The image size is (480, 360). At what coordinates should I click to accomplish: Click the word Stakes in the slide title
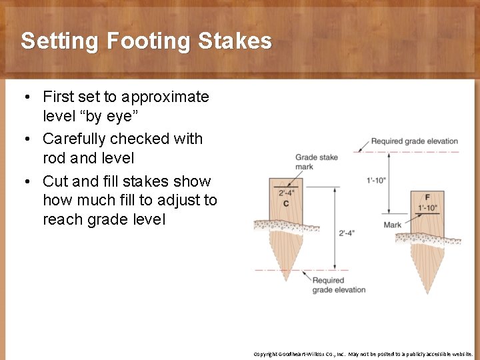tap(235, 41)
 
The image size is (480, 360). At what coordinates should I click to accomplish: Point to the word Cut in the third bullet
tap(55, 181)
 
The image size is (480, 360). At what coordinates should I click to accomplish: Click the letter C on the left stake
tap(286, 203)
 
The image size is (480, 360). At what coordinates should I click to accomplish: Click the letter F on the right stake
tap(427, 198)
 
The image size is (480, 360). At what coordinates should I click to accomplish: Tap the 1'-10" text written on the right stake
tap(428, 207)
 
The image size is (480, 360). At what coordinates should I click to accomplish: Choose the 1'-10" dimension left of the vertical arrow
tap(377, 181)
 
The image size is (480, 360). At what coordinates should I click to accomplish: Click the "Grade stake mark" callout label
tap(316, 162)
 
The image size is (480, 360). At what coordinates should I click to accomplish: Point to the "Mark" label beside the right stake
tap(393, 225)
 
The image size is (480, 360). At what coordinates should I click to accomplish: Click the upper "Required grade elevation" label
tap(414, 141)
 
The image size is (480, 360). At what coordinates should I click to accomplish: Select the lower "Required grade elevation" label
tap(339, 285)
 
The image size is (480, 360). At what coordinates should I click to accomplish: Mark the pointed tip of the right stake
tap(427, 293)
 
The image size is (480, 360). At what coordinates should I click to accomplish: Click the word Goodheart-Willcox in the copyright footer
tap(309, 354)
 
